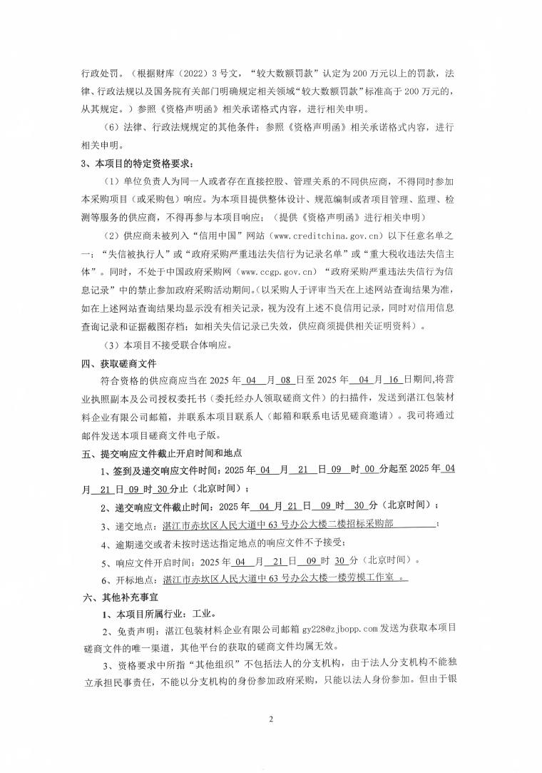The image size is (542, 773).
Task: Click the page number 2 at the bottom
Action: [x=271, y=718]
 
